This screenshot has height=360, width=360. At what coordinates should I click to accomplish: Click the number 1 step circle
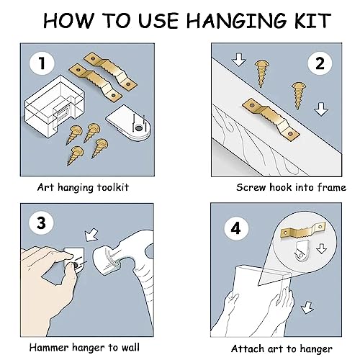[42, 63]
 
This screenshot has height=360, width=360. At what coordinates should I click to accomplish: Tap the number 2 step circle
[320, 63]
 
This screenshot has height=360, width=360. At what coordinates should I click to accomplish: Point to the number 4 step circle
[236, 228]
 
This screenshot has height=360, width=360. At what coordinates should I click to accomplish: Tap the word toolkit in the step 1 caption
[113, 187]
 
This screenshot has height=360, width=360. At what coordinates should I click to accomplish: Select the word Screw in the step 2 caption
[251, 187]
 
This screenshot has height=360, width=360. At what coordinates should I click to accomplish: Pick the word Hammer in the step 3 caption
[50, 347]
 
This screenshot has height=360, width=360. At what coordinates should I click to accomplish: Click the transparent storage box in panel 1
[55, 107]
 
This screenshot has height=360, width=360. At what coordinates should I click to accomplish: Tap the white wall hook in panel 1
[128, 123]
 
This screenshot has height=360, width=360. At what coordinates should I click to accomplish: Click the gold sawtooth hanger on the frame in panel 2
[271, 120]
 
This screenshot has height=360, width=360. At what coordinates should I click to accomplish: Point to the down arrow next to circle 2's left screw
[238, 60]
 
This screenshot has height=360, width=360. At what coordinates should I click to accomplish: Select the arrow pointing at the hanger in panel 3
[91, 235]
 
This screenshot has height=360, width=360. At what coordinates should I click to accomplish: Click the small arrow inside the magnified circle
[322, 248]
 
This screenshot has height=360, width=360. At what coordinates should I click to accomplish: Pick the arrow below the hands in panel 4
[307, 307]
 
